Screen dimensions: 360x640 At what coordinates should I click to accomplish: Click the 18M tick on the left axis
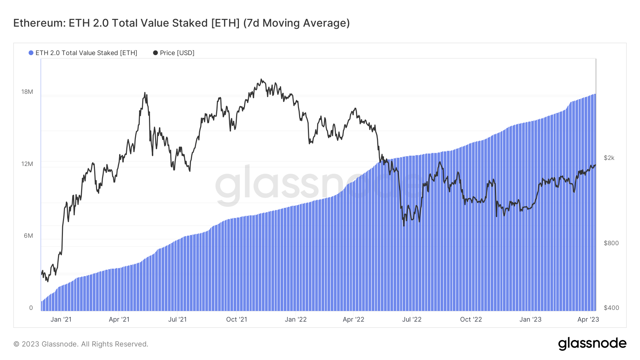27,92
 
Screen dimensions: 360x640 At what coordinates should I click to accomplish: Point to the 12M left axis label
27,164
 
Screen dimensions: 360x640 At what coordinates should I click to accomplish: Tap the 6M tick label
28,236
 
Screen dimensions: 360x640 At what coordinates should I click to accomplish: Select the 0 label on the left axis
31,308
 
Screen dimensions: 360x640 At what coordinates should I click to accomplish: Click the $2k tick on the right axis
609,158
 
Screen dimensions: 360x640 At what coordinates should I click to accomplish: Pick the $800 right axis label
611,243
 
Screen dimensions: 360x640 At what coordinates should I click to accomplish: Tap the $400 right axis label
611,308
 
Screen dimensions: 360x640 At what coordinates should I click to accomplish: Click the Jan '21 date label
61,319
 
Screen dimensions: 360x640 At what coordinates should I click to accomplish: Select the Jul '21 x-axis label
177,319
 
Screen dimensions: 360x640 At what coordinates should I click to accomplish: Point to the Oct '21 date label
236,319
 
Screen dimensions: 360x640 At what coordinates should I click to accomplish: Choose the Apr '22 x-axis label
353,319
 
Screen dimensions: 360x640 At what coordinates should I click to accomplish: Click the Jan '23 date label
530,319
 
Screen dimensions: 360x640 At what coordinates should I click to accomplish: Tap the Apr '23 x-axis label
588,319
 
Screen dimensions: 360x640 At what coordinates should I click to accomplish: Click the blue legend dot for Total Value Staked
31,53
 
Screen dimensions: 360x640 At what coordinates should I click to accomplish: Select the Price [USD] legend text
177,53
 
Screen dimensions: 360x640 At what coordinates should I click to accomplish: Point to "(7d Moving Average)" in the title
296,23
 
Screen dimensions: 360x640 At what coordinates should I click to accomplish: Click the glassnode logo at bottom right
592,344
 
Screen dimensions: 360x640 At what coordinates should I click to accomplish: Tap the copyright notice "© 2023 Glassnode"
46,344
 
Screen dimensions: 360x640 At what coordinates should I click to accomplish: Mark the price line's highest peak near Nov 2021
261,79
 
